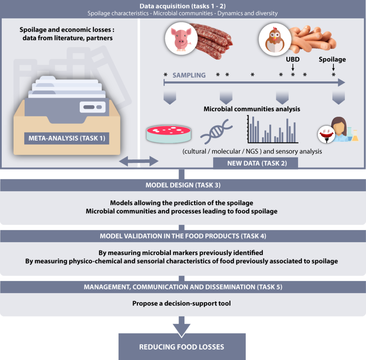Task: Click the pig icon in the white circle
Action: (181, 39)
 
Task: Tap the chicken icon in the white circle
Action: (275, 39)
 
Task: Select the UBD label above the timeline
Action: (293, 59)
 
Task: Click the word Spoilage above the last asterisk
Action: (332, 59)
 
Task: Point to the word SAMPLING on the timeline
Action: (189, 75)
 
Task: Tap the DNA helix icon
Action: (216, 131)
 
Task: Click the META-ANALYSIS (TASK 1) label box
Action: (67, 138)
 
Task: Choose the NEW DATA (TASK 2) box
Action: (255, 163)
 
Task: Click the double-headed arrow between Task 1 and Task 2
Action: (139, 161)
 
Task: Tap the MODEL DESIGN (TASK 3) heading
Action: (183, 185)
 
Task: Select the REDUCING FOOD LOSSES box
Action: (182, 347)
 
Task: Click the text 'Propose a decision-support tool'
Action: (181, 303)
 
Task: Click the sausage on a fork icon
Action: (326, 134)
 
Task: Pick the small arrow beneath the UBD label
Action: (293, 67)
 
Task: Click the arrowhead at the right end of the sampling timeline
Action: (341, 82)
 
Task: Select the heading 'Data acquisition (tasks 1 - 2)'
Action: (183, 6)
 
